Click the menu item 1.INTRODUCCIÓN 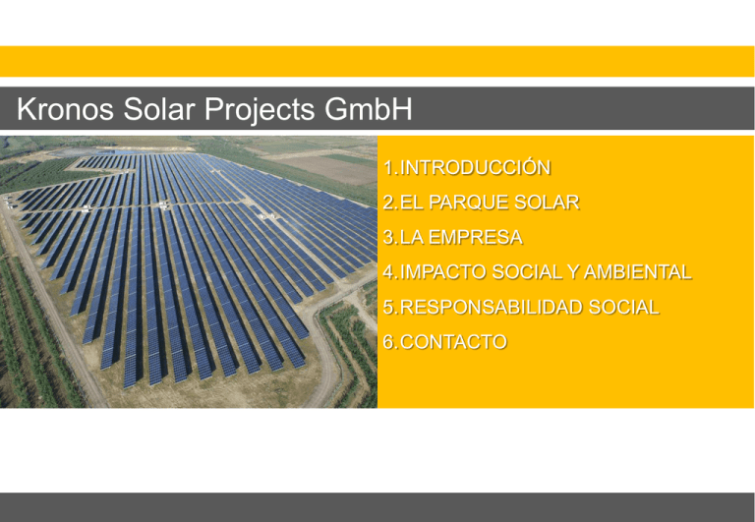(467, 168)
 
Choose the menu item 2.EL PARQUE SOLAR (481, 203)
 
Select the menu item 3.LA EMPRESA (452, 238)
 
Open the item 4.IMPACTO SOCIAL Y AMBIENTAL (537, 272)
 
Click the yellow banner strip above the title (377, 61)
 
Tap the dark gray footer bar (377, 507)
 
